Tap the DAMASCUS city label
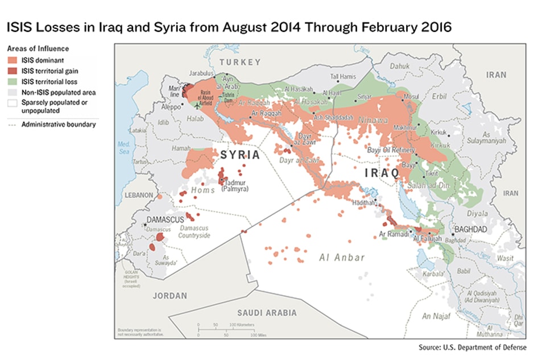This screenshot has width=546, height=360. (x=165, y=220)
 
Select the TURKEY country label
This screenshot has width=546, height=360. (x=241, y=62)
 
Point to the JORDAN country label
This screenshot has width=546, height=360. (x=169, y=296)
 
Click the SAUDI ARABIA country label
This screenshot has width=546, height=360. (x=267, y=313)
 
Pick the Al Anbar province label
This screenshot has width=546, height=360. (x=342, y=258)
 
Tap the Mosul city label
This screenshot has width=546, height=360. (x=411, y=96)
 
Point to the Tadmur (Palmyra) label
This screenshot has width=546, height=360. (x=234, y=185)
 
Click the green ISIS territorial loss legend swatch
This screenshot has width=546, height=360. (x=11, y=81)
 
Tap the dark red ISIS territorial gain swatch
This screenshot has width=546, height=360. (x=11, y=72)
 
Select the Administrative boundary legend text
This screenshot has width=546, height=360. (x=59, y=125)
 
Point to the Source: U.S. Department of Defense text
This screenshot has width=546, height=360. (x=472, y=347)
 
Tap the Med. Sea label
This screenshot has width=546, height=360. (x=124, y=148)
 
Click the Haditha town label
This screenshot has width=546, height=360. (x=364, y=202)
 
